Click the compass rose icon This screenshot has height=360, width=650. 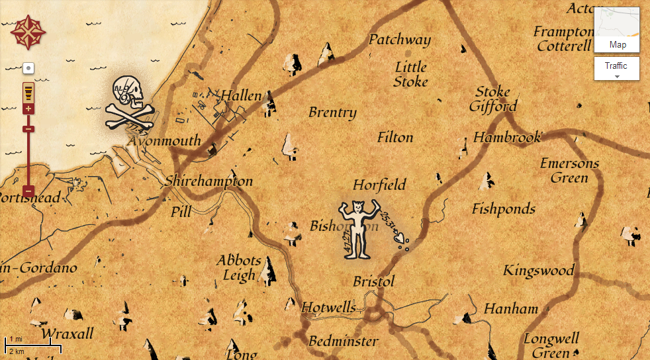tap(28, 32)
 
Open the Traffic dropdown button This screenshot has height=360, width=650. tap(616, 68)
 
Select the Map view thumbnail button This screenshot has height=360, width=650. tap(617, 30)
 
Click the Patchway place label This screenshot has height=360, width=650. tap(399, 40)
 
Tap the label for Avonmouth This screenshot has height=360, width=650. tap(165, 141)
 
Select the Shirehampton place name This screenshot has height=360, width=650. tap(209, 181)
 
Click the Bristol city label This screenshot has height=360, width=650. tap(373, 281)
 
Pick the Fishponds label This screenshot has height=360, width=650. tap(504, 209)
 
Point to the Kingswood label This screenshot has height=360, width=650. tap(538, 271)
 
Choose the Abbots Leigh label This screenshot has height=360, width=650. tap(238, 268)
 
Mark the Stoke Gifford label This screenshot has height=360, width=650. tap(493, 99)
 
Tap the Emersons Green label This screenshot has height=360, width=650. tap(569, 171)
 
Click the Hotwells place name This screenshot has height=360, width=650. tap(328, 308)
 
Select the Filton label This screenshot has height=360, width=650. tap(395, 138)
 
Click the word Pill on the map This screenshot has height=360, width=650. tap(181, 212)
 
